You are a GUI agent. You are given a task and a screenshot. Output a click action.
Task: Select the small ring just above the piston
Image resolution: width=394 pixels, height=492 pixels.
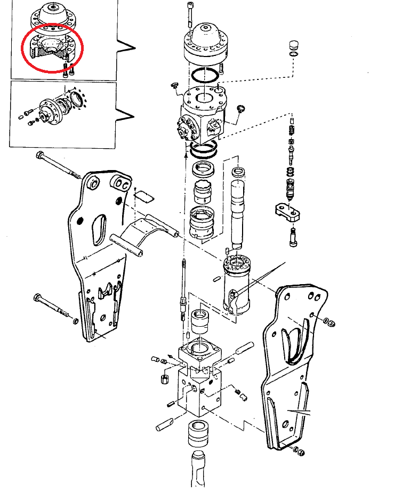[238, 172]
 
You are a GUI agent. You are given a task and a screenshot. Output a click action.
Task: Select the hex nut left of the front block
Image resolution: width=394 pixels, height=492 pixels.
[165, 380]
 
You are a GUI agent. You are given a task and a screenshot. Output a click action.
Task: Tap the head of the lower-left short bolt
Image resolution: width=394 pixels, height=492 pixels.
[37, 297]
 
